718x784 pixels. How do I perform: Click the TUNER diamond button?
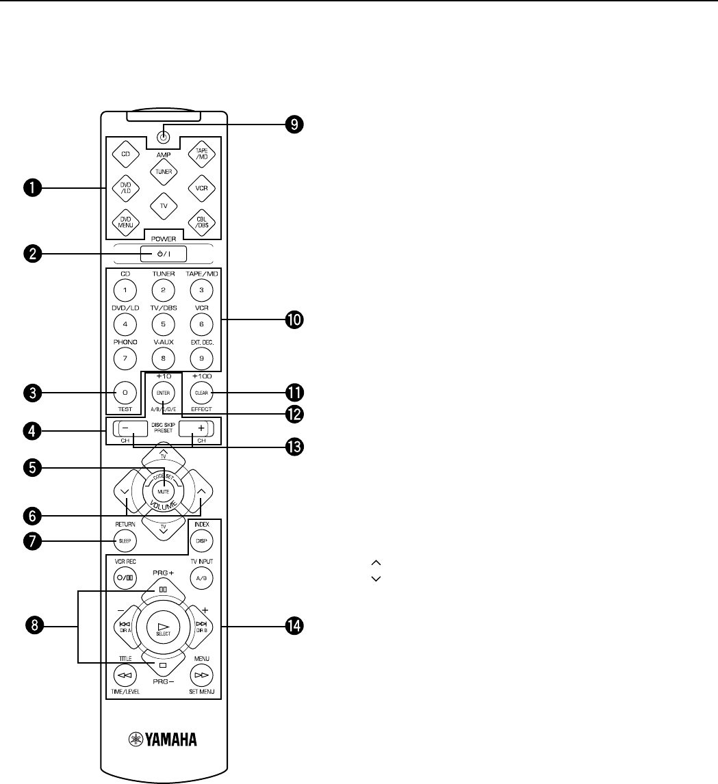pos(164,172)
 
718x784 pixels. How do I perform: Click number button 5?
pos(164,319)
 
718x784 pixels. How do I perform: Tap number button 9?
pos(202,356)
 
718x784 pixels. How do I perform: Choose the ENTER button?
pos(164,393)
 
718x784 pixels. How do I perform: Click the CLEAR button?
pos(202,393)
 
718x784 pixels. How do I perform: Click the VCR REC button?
pos(125,577)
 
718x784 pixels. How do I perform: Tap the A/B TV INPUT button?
pos(202,577)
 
